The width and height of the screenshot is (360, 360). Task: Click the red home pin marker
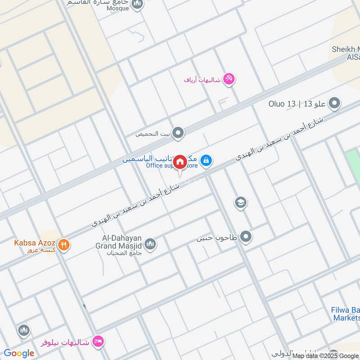180,162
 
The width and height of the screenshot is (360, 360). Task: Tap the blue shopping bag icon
206,160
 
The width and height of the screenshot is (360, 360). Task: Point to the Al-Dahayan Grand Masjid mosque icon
150,244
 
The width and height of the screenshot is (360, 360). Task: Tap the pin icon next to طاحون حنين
245,236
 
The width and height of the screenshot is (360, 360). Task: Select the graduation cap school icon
241,202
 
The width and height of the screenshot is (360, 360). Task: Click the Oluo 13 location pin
334,104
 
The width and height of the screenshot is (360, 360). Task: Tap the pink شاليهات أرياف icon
229,79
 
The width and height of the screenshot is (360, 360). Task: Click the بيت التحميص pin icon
179,133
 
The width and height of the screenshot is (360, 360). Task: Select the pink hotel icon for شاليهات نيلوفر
97,342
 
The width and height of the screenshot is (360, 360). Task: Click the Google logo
19,353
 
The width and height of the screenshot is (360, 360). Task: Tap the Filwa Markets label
346,314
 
